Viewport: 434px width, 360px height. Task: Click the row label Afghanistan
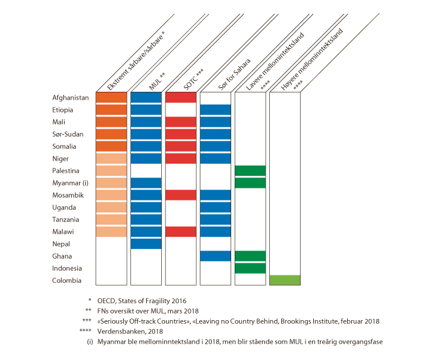tap(71, 97)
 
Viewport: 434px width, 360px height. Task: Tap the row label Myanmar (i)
tap(71, 183)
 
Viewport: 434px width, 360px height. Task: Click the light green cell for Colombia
tap(285, 280)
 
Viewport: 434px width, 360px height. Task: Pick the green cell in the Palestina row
tap(250, 170)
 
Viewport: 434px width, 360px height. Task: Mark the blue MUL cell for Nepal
tap(146, 243)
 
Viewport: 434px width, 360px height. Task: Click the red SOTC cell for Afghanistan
tap(180, 97)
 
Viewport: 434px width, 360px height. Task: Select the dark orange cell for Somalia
tap(111, 146)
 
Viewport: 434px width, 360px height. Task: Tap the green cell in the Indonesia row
tap(250, 268)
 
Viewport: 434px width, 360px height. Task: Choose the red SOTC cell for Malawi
tap(180, 231)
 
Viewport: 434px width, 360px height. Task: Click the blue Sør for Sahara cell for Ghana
tap(215, 256)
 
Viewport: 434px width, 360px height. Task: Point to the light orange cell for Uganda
tap(111, 207)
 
